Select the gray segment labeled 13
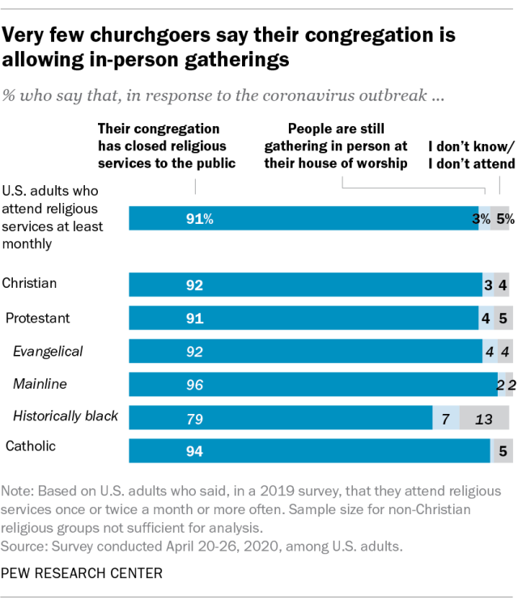(484, 418)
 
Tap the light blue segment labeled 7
(445, 418)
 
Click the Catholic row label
(32, 446)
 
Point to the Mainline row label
(40, 385)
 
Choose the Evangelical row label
(48, 351)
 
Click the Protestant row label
(38, 318)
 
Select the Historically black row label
(66, 416)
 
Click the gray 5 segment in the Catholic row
(502, 451)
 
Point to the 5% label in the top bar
(505, 218)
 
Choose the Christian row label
(30, 284)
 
